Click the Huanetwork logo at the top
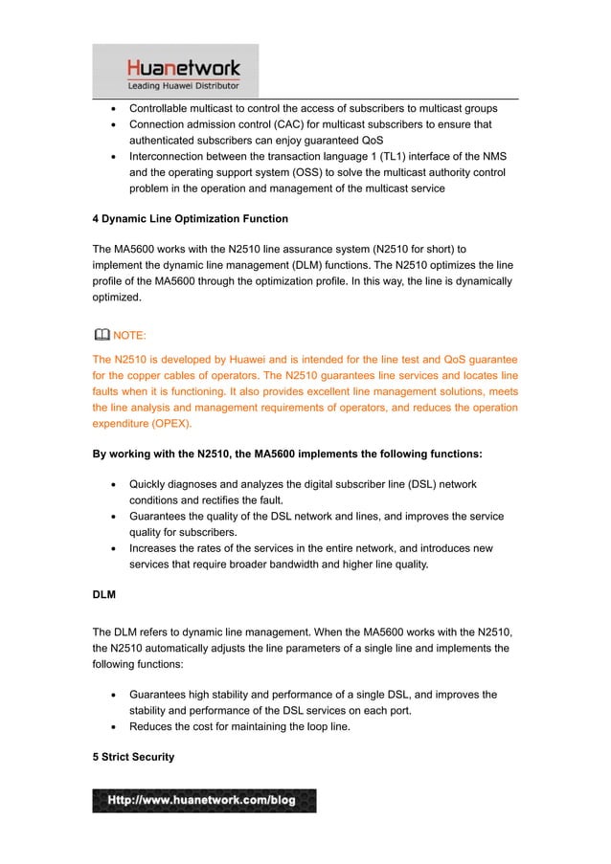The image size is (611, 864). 185,68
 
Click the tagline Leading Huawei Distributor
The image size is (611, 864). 185,86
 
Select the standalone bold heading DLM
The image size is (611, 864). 104,594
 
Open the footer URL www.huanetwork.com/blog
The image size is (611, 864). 204,800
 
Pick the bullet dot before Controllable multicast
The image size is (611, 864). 114,108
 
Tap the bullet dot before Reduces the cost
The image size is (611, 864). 114,727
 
